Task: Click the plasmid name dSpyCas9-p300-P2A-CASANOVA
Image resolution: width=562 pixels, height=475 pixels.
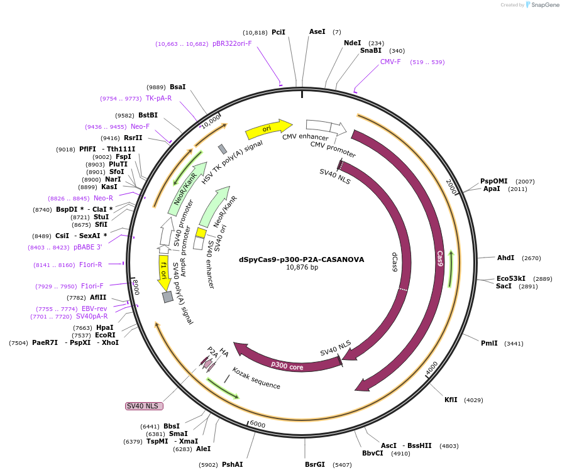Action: (301, 259)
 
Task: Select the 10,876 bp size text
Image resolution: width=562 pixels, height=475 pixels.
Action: (302, 267)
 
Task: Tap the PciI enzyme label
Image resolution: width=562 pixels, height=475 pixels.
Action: (278, 32)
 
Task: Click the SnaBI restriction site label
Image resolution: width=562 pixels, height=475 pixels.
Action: (371, 50)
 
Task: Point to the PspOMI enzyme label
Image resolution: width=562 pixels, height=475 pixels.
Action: (493, 181)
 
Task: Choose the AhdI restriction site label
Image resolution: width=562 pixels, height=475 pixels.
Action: (505, 258)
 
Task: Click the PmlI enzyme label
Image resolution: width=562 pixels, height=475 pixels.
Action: (489, 343)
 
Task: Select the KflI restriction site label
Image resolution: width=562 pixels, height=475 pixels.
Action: (451, 400)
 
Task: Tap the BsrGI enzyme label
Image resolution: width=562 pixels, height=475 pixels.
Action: (315, 464)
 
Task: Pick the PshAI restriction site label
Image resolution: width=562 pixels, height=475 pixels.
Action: (232, 464)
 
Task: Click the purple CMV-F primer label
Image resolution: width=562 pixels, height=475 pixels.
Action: (390, 62)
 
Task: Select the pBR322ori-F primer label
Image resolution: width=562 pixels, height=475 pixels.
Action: (232, 44)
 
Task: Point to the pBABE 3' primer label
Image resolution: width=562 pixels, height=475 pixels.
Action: (87, 248)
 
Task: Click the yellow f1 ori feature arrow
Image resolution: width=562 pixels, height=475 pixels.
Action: (163, 271)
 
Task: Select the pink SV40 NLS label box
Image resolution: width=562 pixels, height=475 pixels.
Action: (144, 406)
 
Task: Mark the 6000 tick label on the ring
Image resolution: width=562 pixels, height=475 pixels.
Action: (258, 425)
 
